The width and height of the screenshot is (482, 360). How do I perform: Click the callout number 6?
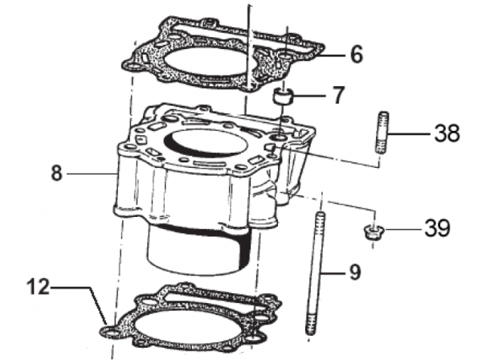click(357, 55)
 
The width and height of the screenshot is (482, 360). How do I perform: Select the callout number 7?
click(338, 95)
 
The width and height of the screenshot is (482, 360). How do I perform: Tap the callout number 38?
click(447, 133)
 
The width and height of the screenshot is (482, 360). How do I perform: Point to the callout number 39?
click(438, 228)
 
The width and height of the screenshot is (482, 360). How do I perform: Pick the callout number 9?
click(355, 272)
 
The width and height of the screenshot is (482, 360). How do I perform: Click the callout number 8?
click(57, 173)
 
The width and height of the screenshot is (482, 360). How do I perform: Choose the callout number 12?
click(38, 287)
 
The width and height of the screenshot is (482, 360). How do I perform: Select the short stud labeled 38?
click(382, 133)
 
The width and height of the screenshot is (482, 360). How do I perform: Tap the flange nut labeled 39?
click(372, 233)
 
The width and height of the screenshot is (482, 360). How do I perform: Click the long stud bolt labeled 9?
click(315, 273)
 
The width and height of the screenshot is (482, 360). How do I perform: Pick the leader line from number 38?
click(409, 134)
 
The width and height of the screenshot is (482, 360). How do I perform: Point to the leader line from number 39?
click(402, 229)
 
